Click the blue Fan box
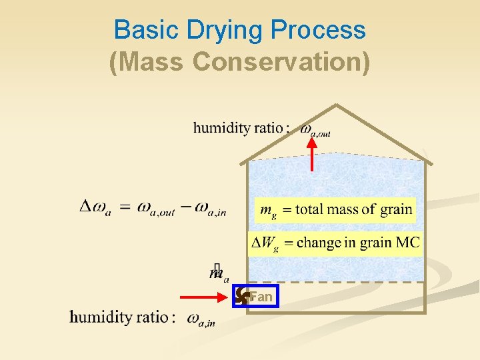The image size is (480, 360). [255, 297]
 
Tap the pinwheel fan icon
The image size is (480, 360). [242, 297]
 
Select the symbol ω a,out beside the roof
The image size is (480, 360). [315, 129]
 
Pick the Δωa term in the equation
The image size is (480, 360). [95, 208]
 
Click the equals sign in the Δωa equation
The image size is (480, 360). [125, 207]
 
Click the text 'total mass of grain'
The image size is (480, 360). [353, 209]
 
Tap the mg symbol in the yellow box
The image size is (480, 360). [268, 211]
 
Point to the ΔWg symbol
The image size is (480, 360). [264, 243]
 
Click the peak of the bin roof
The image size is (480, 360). [337, 105]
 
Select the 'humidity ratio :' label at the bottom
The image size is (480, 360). [123, 317]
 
